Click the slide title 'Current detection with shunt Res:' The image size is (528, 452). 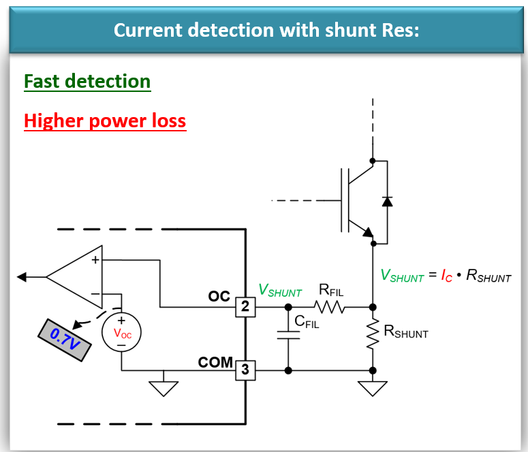point(266,31)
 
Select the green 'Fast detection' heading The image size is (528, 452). point(87,82)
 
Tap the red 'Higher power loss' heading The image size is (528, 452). point(105,121)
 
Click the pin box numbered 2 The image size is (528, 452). point(245,307)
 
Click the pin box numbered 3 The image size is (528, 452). point(245,371)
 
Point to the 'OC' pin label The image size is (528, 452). point(219,297)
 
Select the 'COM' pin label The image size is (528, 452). point(215,362)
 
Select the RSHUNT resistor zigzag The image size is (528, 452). point(373,335)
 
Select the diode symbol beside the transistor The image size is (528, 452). point(387,201)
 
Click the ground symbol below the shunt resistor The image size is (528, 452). point(373,388)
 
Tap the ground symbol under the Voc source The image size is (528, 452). point(163,388)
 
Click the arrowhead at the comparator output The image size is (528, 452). point(22,276)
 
